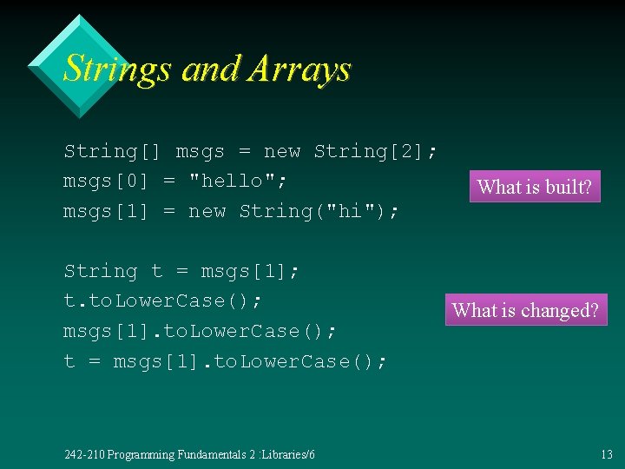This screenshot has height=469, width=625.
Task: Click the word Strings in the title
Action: [x=118, y=69]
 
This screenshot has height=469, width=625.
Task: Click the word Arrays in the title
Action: [x=299, y=69]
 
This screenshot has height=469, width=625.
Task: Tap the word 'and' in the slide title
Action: [x=210, y=69]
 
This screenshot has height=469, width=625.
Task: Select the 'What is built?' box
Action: [x=535, y=187]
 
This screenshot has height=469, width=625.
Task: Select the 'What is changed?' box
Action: [x=526, y=310]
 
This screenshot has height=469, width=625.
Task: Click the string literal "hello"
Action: [x=238, y=181]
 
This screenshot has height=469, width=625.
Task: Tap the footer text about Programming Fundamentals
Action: [x=190, y=454]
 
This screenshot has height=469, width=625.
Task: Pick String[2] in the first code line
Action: [x=375, y=151]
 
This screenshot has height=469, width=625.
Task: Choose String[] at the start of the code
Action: [x=113, y=151]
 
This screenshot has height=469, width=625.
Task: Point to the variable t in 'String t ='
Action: [x=156, y=271]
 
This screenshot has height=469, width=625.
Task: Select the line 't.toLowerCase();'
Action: [x=163, y=301]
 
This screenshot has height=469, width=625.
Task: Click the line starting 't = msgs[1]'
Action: [x=226, y=360]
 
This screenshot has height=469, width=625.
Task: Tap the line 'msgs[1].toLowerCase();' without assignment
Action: [x=201, y=331]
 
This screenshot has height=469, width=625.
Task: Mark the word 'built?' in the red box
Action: [x=568, y=187]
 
